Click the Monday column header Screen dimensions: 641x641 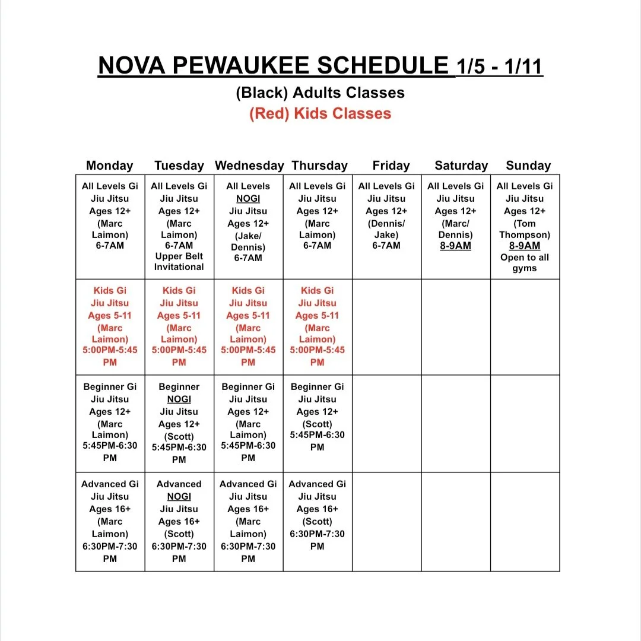point(110,166)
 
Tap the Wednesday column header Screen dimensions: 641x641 point(249,166)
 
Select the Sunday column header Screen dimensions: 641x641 point(528,166)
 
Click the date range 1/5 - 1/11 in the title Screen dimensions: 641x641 point(499,66)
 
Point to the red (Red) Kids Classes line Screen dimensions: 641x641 point(320,113)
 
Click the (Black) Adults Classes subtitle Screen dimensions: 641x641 point(320,93)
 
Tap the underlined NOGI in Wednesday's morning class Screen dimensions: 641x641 point(248,199)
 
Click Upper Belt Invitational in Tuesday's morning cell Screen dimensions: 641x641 point(179,262)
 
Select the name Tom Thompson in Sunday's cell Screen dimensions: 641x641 point(525,229)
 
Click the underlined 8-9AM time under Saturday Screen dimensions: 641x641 point(456,246)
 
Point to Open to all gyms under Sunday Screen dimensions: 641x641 point(525,263)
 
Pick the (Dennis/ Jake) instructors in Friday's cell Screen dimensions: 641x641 point(386,229)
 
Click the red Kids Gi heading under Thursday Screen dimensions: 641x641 point(318,290)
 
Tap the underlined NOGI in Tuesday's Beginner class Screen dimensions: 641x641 point(179,399)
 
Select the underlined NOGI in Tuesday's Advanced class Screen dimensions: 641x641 point(179,496)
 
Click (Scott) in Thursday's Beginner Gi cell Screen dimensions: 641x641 point(318,424)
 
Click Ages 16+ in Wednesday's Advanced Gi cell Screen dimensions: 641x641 point(248,509)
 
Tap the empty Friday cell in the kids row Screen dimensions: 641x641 point(386,327)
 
